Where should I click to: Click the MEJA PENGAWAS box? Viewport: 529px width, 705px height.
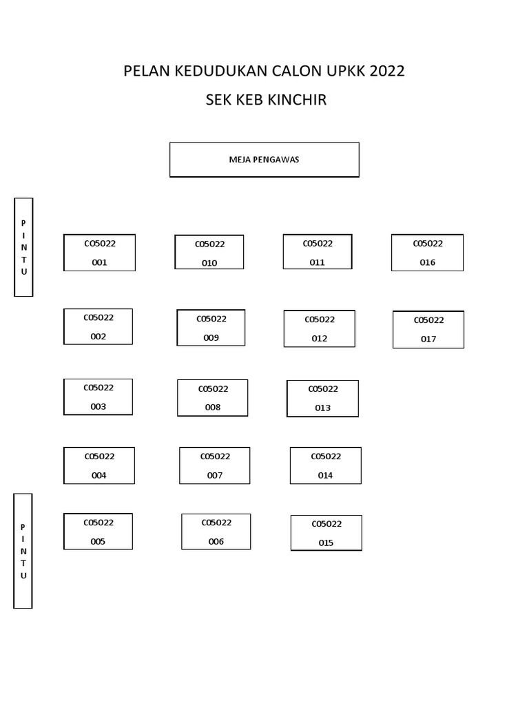pos(264,160)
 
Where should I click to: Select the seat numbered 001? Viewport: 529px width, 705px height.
pos(99,253)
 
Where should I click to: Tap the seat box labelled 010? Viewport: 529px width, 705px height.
pos(209,253)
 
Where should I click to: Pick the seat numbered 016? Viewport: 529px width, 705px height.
pos(428,253)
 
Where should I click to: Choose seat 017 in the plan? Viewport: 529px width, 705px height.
pos(428,330)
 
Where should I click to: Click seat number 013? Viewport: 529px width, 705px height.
pos(322,399)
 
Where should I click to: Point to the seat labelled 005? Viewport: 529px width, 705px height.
pos(98,532)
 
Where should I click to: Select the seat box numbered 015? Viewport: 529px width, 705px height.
pos(326,533)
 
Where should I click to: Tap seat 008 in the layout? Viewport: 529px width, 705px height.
pos(213,398)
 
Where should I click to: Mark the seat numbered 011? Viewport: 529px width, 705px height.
pos(318,252)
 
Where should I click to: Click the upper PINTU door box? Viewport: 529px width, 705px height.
pos(24,247)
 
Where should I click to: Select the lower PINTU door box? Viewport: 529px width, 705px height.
pos(23,551)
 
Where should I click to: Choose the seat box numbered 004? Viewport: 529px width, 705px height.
pos(99,465)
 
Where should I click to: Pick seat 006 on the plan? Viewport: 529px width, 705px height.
pos(216,532)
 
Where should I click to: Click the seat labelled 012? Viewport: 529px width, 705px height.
pos(320,328)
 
